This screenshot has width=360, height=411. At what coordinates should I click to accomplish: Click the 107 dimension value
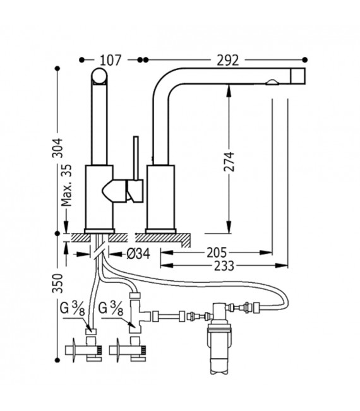111,60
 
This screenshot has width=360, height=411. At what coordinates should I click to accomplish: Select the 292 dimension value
227,61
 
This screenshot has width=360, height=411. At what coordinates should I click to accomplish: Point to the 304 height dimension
57,148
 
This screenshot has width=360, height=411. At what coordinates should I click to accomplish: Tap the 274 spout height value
229,162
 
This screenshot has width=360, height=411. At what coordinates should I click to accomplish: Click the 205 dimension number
217,253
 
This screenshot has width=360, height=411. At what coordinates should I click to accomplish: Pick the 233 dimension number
224,266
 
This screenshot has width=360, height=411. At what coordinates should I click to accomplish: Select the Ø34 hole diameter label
138,253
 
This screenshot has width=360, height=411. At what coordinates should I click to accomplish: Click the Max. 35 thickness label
66,186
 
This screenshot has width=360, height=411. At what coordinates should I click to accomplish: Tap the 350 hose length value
57,283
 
